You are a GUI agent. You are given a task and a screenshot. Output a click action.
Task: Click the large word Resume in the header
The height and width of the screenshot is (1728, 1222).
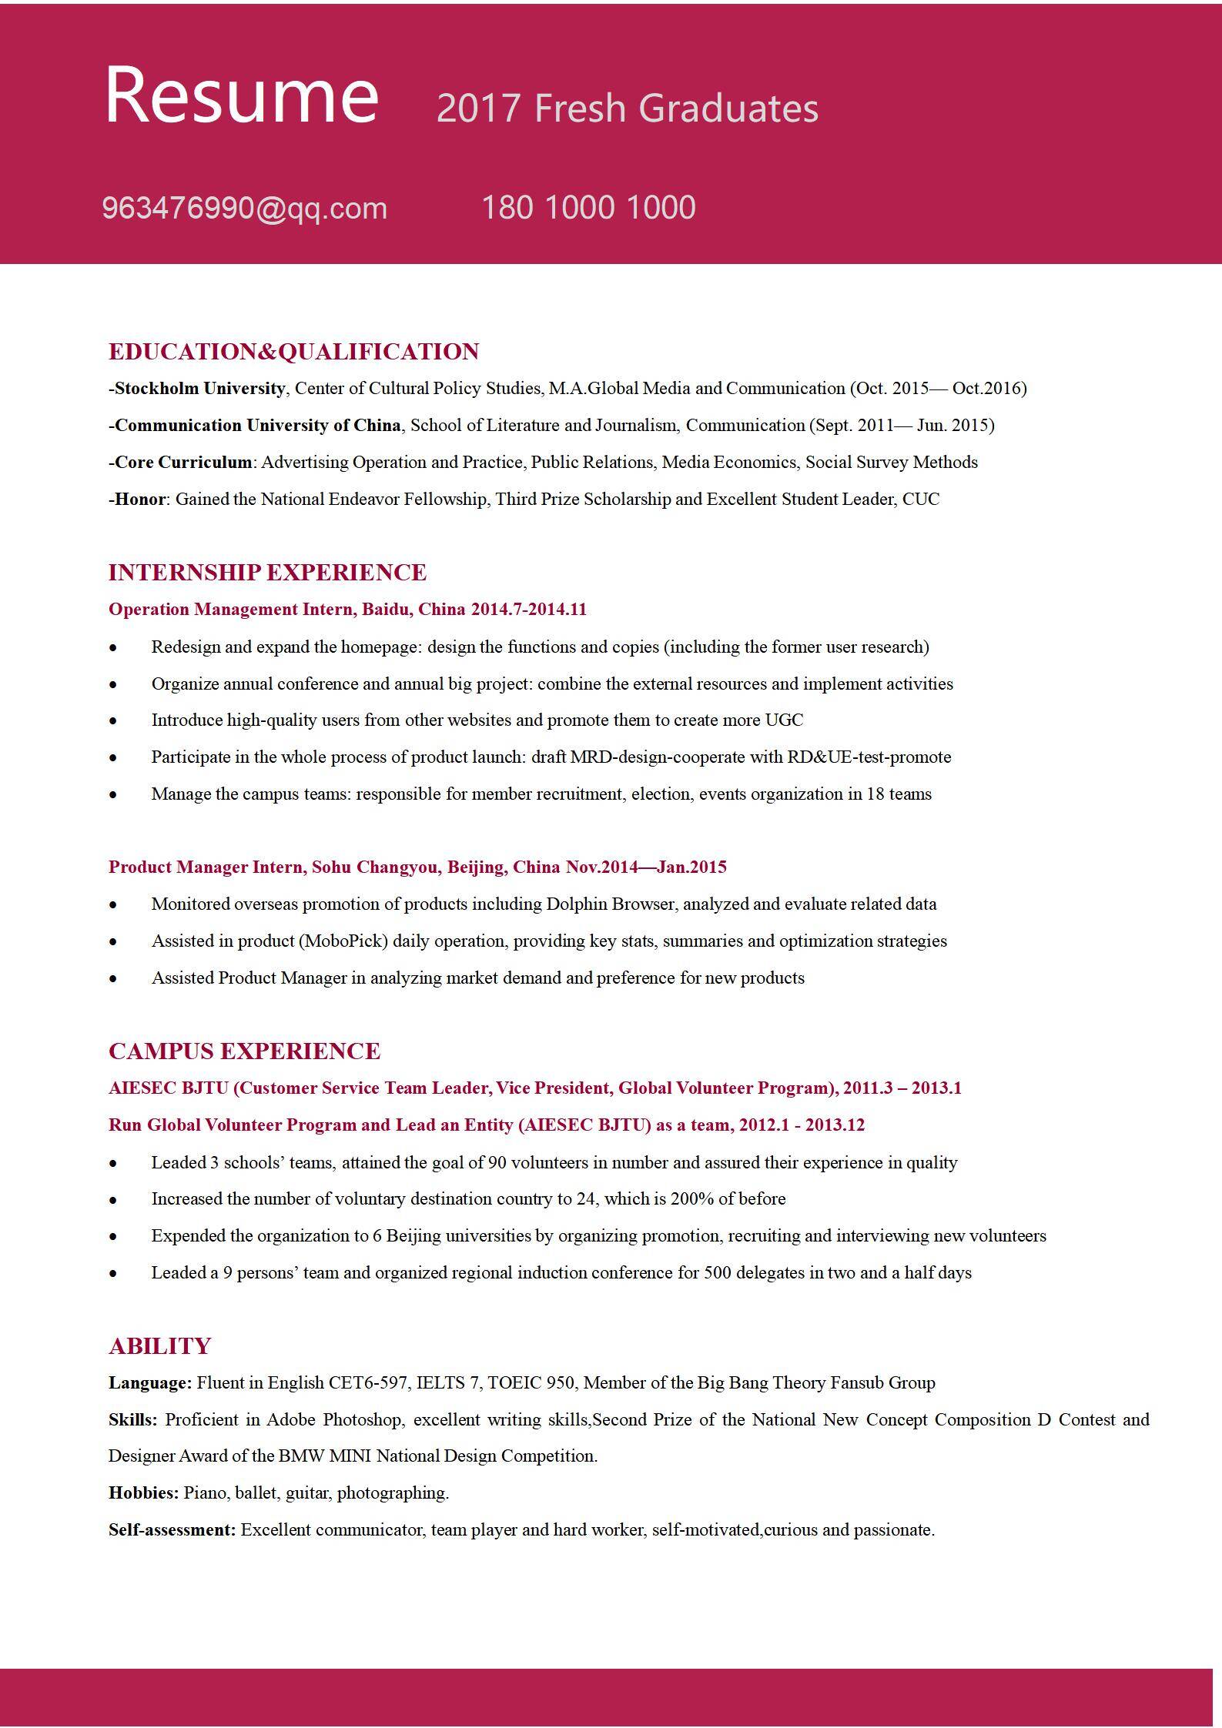pos(242,95)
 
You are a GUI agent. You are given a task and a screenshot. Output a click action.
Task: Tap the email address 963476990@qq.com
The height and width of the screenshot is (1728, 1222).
pos(244,209)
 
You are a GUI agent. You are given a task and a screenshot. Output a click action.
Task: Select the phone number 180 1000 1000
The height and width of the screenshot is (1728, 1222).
pos(588,208)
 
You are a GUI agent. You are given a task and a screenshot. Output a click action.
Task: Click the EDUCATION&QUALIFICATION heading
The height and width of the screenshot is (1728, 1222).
pos(293,352)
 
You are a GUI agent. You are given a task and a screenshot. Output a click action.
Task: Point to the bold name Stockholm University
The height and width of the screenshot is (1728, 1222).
pos(199,388)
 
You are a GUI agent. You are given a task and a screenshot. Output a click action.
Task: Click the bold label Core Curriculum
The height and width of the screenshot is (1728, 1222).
pos(183,463)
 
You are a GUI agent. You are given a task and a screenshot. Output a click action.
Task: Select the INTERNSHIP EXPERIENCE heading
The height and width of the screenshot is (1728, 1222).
pos(267,573)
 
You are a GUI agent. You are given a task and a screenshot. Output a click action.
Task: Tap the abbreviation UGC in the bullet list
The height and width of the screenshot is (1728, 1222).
pos(783,720)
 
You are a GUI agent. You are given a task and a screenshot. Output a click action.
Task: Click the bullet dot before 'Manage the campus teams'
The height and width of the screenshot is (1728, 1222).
pos(113,795)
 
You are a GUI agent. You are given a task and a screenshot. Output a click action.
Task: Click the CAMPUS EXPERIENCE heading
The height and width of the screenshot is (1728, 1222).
pos(244,1051)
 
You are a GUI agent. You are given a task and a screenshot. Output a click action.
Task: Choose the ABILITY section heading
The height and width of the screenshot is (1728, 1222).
pos(159,1346)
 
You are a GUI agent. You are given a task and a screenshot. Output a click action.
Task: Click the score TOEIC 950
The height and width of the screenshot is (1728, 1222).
pos(531,1383)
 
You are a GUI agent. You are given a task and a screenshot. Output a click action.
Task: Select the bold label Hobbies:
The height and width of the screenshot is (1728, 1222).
pos(143,1493)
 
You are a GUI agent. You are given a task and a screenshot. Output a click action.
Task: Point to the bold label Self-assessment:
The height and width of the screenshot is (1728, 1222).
pos(172,1530)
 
